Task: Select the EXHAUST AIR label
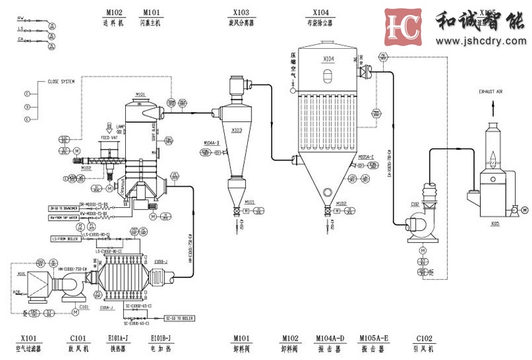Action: click(491, 92)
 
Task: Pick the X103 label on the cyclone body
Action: click(237, 130)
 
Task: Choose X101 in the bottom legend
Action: click(29, 339)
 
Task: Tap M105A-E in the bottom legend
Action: click(374, 339)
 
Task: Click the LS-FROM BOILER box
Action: click(66, 239)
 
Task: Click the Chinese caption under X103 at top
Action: click(240, 23)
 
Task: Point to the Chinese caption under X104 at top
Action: click(320, 23)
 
